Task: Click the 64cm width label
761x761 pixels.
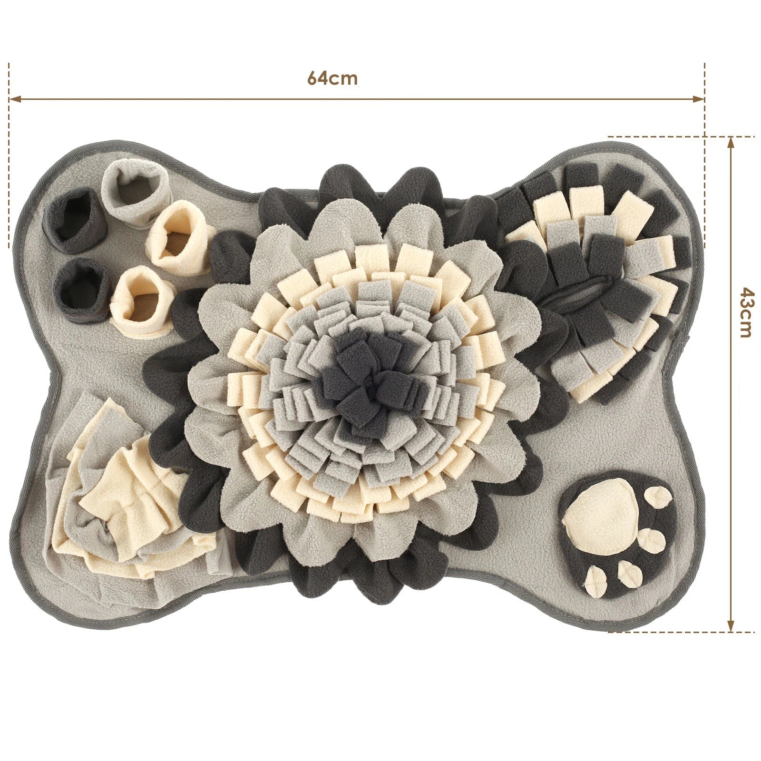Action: coord(332,78)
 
